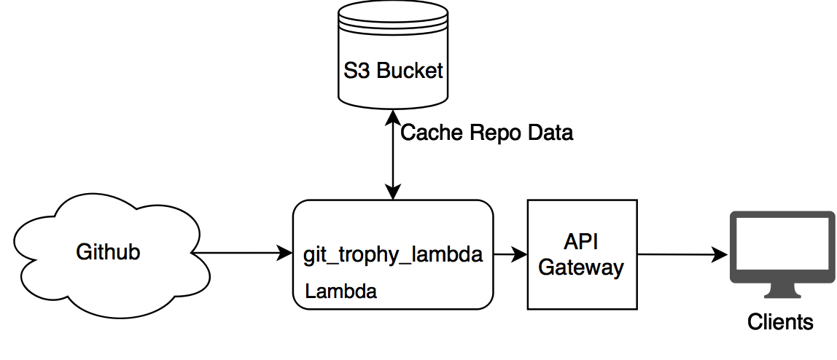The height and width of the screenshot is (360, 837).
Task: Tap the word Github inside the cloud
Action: coord(108,252)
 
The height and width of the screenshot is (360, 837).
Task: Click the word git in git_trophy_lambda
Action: coord(314,257)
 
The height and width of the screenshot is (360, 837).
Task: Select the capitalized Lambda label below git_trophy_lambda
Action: coord(340,291)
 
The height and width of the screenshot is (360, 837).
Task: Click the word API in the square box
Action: coord(581,243)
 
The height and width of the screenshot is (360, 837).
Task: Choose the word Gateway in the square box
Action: coord(581,267)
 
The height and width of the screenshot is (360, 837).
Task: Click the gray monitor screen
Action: coord(783,246)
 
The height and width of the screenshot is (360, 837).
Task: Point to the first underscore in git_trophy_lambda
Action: coord(330,263)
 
